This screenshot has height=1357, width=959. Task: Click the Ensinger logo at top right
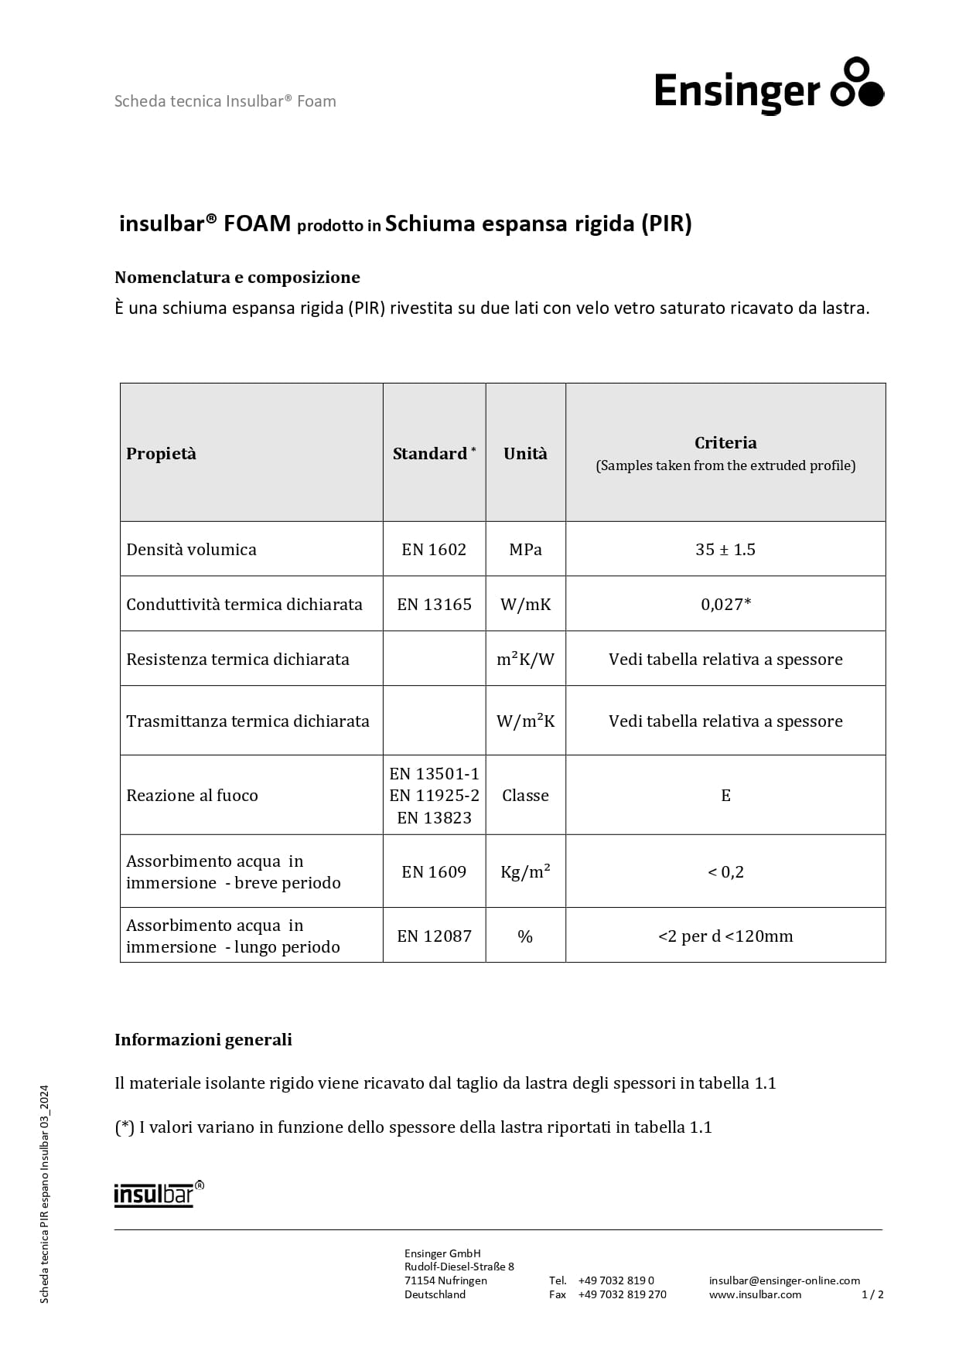click(x=768, y=87)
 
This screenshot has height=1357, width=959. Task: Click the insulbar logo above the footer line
click(x=159, y=1194)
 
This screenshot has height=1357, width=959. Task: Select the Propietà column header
click(x=161, y=454)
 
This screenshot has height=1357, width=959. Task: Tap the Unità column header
click(x=525, y=454)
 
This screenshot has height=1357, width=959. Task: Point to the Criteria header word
click(x=725, y=443)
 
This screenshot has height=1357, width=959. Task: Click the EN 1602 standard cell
click(x=434, y=550)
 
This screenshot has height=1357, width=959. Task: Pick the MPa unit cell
click(x=525, y=550)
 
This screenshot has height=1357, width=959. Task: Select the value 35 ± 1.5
click(x=725, y=550)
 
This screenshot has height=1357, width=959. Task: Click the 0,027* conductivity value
click(x=725, y=605)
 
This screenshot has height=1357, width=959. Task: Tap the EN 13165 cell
click(x=434, y=605)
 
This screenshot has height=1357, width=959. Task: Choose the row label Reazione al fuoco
click(x=192, y=796)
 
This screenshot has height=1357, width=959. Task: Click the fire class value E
click(x=725, y=796)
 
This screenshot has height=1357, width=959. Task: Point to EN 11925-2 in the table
click(x=434, y=796)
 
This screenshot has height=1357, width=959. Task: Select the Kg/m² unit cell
click(x=525, y=872)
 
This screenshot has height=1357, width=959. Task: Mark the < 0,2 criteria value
click(x=725, y=872)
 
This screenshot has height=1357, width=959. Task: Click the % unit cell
click(x=525, y=936)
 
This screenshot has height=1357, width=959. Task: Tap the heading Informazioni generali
click(x=203, y=1040)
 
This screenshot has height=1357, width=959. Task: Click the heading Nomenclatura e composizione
click(x=237, y=278)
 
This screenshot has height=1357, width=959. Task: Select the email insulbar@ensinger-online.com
click(x=784, y=1280)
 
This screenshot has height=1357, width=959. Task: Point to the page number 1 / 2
click(x=872, y=1294)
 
